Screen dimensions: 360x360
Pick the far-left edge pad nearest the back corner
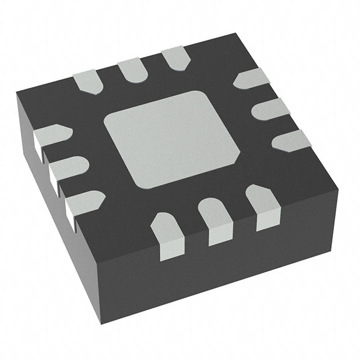click(x=175, y=58)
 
